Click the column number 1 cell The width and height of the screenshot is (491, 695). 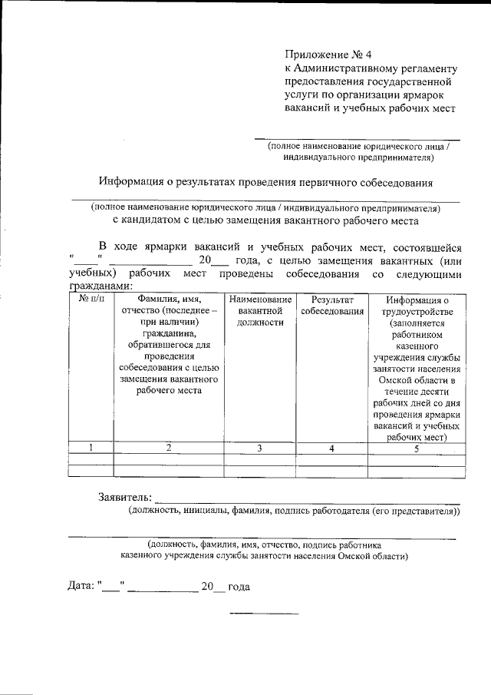click(x=91, y=448)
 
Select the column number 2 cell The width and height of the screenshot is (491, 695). click(x=167, y=448)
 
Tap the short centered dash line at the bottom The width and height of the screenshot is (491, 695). click(x=265, y=613)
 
